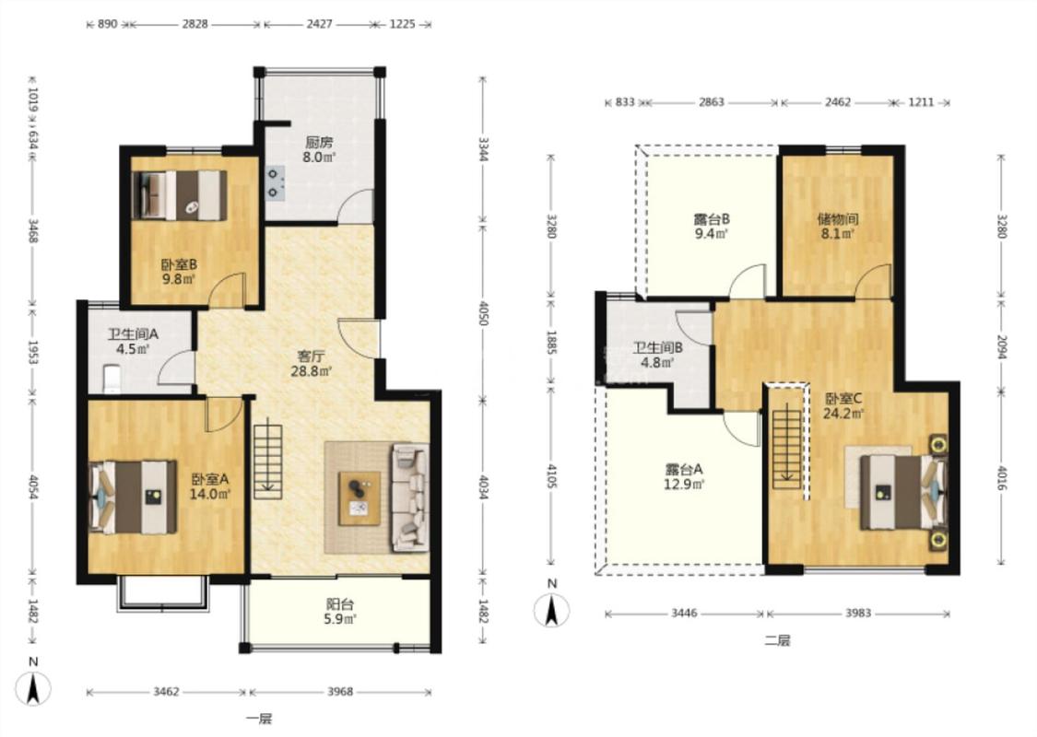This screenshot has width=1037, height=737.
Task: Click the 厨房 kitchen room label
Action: pyautogui.click(x=319, y=142)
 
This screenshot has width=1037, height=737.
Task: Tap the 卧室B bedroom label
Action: pyautogui.click(x=179, y=264)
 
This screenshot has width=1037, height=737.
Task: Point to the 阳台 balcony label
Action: pyautogui.click(x=340, y=604)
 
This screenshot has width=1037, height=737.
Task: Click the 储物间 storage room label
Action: pyautogui.click(x=837, y=218)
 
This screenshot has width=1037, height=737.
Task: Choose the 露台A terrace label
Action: pyautogui.click(x=684, y=469)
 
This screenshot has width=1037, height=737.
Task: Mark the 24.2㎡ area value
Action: pyautogui.click(x=843, y=414)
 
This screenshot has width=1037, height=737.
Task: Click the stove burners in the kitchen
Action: pyautogui.click(x=275, y=183)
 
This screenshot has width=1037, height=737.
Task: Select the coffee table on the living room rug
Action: pyautogui.click(x=359, y=498)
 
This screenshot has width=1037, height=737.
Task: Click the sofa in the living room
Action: pyautogui.click(x=410, y=497)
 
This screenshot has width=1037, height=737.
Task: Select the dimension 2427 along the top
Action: pyautogui.click(x=319, y=25)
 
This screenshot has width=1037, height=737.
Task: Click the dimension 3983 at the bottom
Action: pyautogui.click(x=858, y=614)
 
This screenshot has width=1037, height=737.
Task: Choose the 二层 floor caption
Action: pyautogui.click(x=777, y=640)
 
